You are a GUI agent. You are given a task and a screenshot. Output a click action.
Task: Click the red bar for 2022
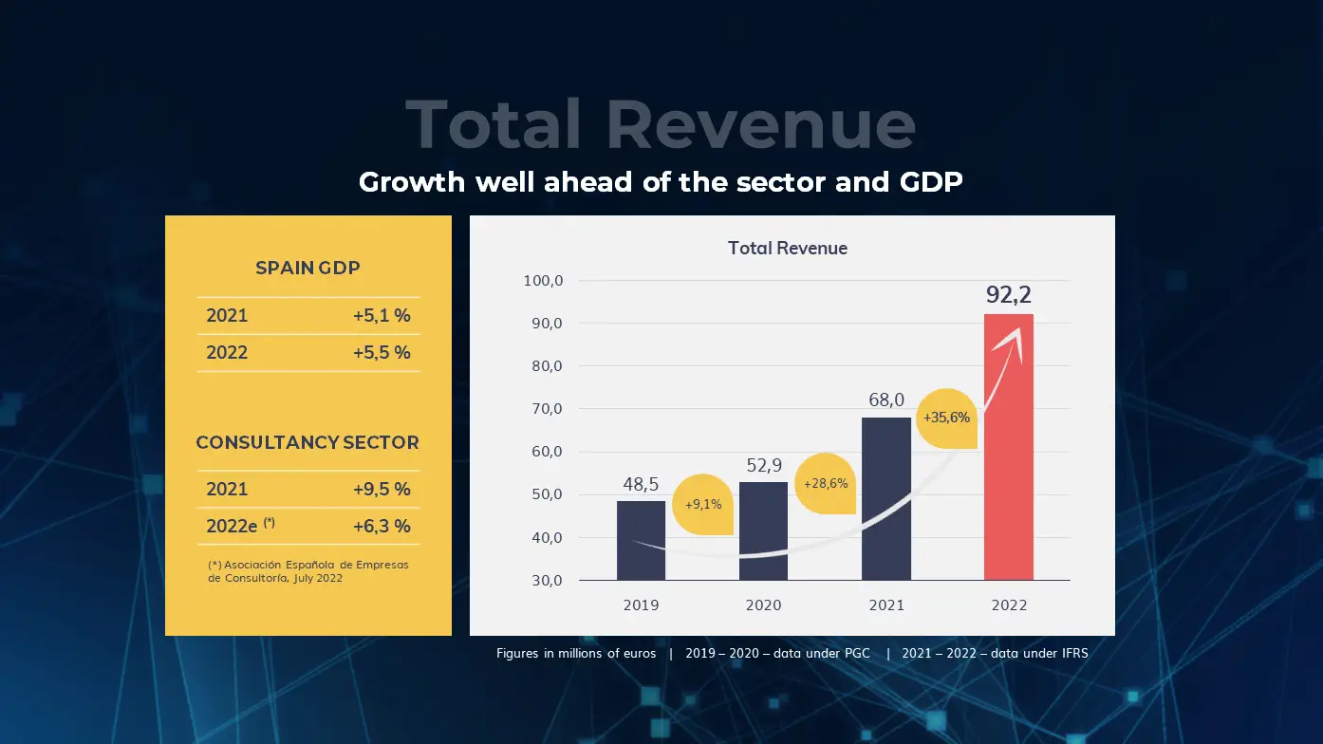click(1008, 456)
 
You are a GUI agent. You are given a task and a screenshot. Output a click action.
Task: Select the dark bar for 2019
click(641, 540)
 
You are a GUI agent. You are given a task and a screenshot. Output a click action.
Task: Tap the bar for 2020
click(763, 530)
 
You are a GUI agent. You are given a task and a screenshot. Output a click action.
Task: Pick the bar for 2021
click(885, 498)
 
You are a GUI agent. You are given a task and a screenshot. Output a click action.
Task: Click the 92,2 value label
click(1008, 295)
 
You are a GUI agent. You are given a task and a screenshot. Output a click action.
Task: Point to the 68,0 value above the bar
click(886, 400)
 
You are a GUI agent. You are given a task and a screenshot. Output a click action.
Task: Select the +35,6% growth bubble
click(946, 418)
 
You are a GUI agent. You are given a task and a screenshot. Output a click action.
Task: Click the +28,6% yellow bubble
click(825, 484)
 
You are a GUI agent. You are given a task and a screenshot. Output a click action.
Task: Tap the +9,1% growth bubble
click(703, 504)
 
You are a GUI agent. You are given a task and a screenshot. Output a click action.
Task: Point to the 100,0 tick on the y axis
click(544, 281)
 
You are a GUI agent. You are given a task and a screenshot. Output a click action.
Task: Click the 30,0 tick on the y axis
click(545, 580)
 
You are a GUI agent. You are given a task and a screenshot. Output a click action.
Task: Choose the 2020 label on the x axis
click(763, 605)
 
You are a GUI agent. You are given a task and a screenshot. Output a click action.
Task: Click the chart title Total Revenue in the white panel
click(787, 249)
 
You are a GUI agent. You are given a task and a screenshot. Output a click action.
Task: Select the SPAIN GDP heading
click(307, 269)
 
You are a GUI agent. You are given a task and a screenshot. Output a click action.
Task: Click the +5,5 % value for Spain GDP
click(381, 352)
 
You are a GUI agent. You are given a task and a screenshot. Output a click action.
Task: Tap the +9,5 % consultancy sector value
click(381, 490)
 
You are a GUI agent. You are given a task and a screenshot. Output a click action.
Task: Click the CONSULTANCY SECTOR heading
click(307, 442)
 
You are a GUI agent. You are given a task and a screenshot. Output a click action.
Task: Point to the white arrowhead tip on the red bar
click(1019, 330)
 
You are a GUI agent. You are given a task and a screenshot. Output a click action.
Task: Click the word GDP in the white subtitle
click(930, 181)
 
